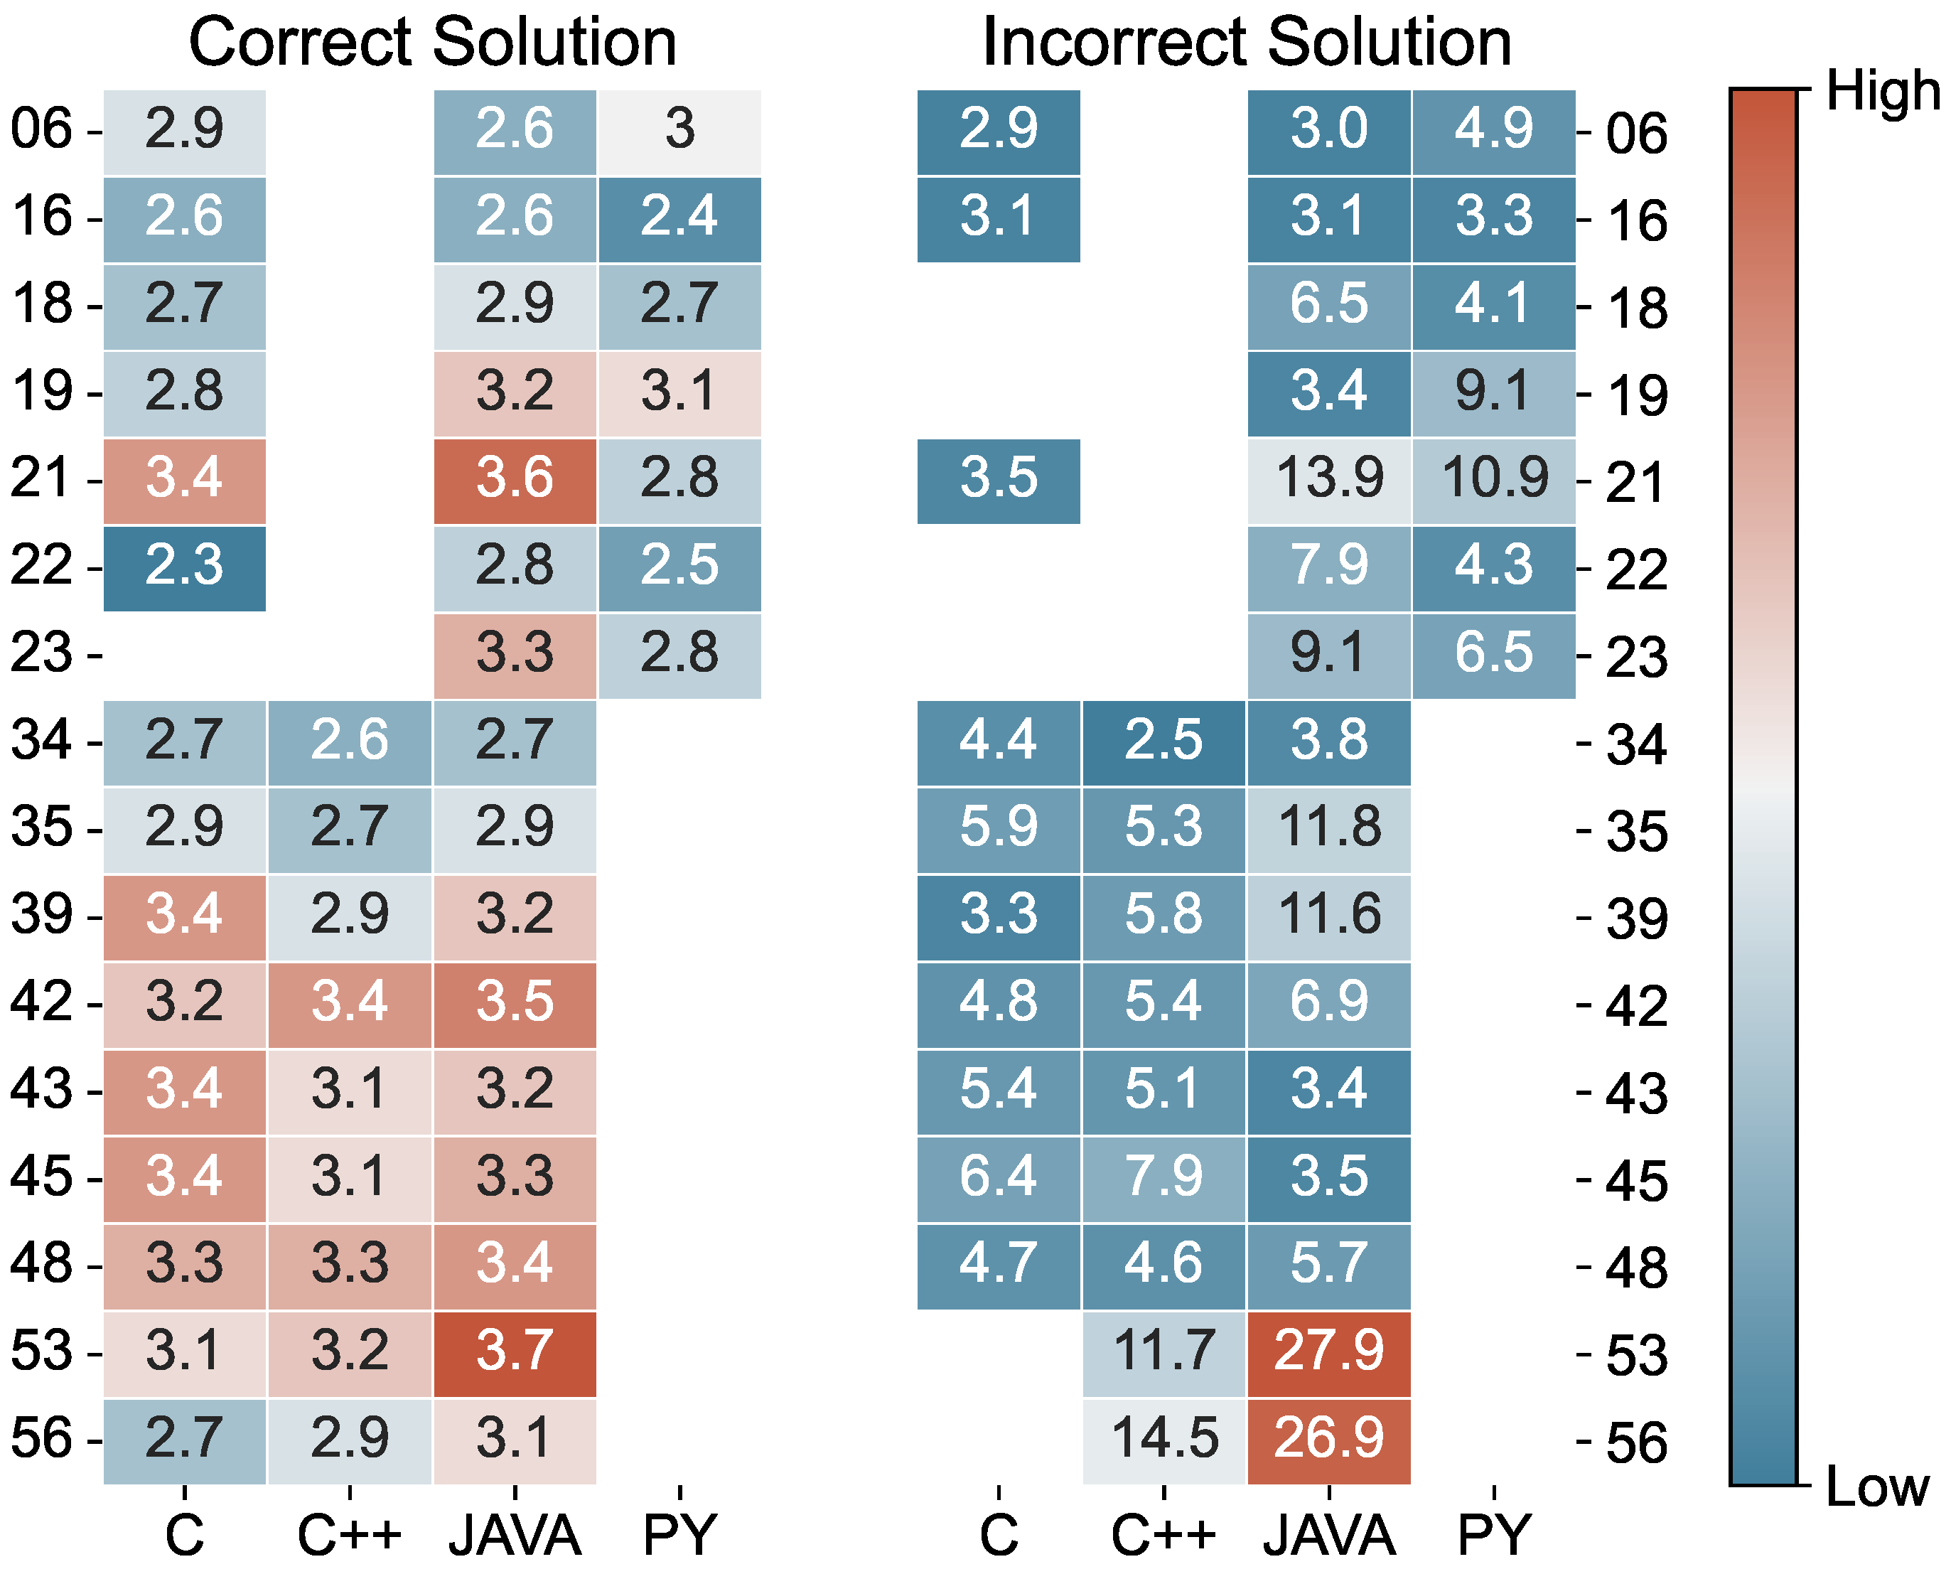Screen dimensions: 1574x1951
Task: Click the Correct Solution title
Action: tap(432, 43)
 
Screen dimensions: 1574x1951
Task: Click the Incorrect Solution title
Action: tap(1247, 43)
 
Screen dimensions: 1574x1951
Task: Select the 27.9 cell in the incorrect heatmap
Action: tap(1328, 1353)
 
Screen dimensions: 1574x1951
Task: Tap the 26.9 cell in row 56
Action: tap(1328, 1440)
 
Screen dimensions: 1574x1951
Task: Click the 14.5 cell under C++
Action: tap(1164, 1440)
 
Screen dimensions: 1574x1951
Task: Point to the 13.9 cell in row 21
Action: tap(1328, 480)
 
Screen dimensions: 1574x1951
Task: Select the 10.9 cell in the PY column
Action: tap(1493, 480)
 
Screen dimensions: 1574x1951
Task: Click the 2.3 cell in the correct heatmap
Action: tap(184, 567)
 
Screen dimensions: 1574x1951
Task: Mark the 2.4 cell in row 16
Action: tap(679, 218)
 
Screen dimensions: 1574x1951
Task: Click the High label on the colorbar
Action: tap(1882, 92)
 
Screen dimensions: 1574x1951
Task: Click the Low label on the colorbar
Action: tap(1876, 1487)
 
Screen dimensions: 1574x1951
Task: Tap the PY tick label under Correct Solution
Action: tap(679, 1534)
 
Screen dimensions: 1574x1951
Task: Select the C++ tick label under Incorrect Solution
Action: tap(1164, 1534)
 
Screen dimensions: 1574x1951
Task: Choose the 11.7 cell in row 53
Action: tap(1164, 1353)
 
